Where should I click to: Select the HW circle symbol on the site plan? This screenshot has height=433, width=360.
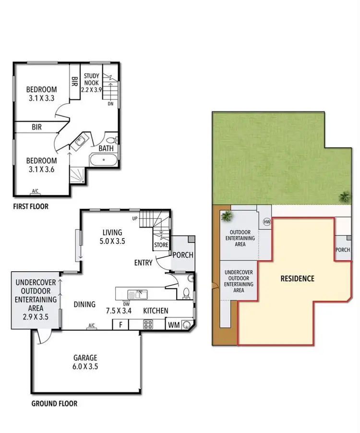click(x=267, y=222)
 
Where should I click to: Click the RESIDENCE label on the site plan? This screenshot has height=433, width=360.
click(x=297, y=278)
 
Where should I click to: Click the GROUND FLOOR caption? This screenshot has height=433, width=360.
click(x=54, y=404)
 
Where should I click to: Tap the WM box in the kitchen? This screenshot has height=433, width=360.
click(x=173, y=325)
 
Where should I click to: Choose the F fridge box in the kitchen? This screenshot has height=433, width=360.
click(x=120, y=325)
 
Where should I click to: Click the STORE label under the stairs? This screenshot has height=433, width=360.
click(x=161, y=245)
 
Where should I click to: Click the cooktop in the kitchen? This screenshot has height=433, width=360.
click(x=148, y=325)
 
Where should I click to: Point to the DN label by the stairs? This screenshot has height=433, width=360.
click(x=110, y=103)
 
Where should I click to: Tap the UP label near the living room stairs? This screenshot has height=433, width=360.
click(x=142, y=218)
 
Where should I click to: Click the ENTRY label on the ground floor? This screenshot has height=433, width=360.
click(x=144, y=263)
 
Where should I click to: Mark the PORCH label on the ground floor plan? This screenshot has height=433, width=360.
click(x=182, y=255)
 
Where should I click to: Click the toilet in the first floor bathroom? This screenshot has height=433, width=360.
click(x=111, y=140)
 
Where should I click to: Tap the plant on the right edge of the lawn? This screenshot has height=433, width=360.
click(x=344, y=196)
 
